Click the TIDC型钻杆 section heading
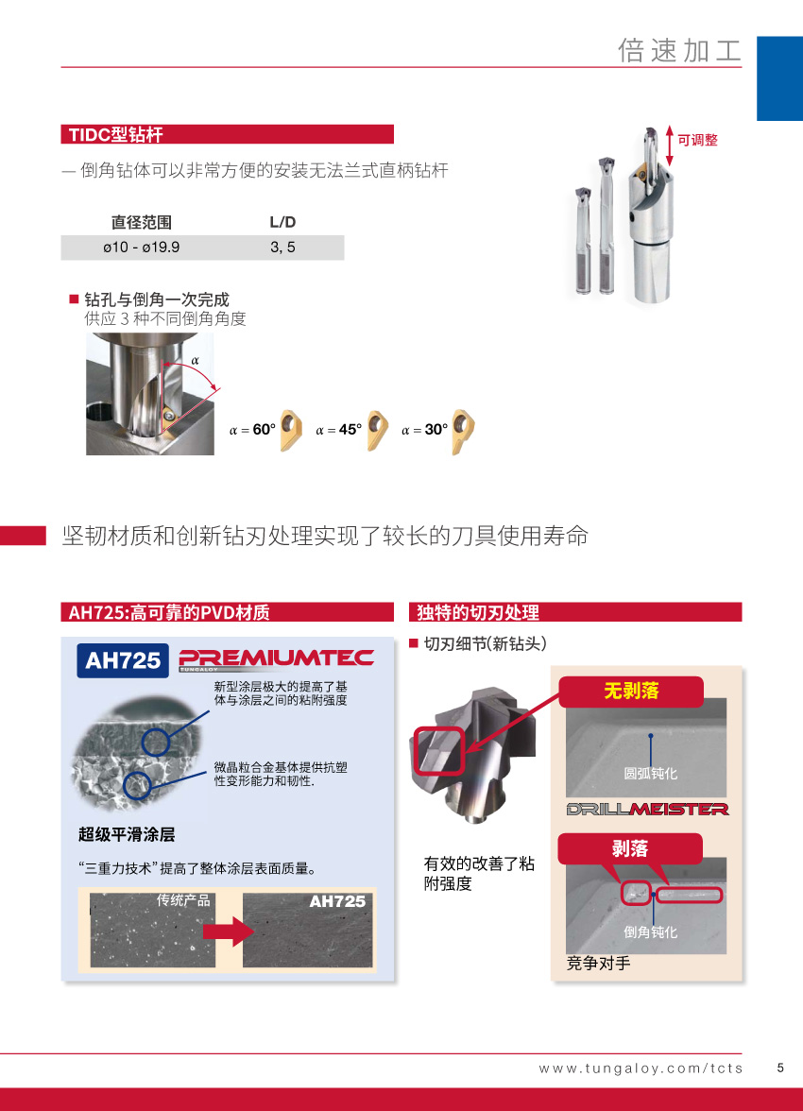pos(115,134)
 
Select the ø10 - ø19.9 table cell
pos(141,248)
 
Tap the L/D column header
pos(282,222)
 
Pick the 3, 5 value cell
pos(282,248)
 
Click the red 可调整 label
pos(697,140)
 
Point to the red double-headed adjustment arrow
pos(669,145)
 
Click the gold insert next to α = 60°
pos(291,429)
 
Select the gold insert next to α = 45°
pos(377,429)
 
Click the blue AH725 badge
pos(123,660)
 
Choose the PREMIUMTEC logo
pos(277,659)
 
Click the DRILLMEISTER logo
pos(647,809)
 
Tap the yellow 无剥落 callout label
pos(631,691)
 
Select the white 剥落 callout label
pos(630,848)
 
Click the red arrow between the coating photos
pos(229,931)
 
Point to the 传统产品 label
pos(183,899)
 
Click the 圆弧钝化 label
pos(650,773)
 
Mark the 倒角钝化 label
pos(650,932)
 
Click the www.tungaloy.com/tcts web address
pos(641,1068)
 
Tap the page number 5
pos(780,1068)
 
